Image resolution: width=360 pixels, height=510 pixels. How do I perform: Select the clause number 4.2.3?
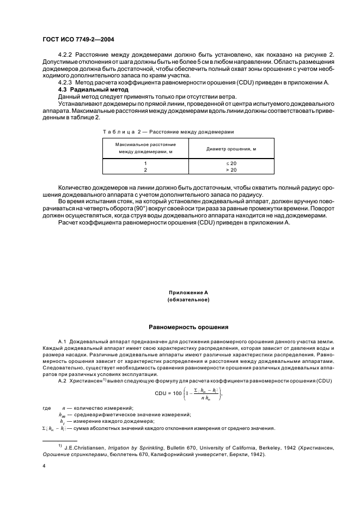click(x=65, y=82)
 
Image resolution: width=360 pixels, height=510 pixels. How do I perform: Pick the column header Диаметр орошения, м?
click(x=231, y=148)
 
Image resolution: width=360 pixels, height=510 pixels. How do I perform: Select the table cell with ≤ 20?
click(x=231, y=163)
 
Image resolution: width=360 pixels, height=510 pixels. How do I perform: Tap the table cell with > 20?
click(x=231, y=170)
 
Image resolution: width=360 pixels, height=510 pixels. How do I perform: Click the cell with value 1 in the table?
click(x=145, y=163)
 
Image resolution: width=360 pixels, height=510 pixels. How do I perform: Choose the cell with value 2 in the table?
click(x=145, y=170)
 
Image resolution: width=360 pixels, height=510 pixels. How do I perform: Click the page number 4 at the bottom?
click(x=44, y=466)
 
